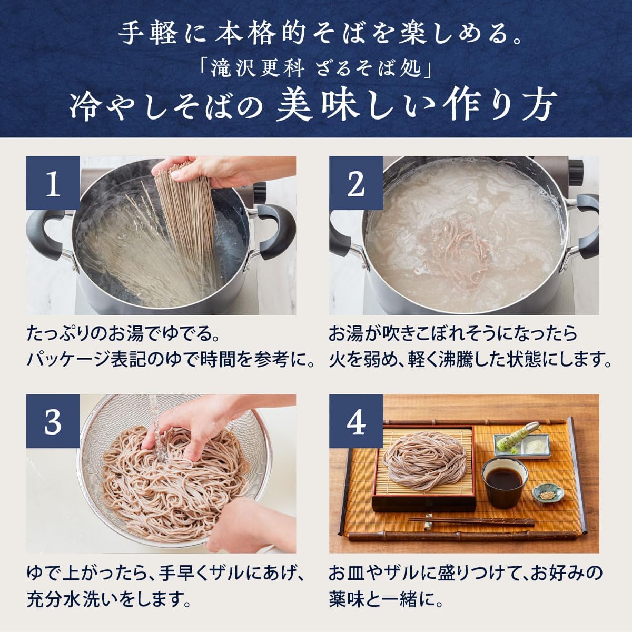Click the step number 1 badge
53,185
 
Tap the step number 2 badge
356,185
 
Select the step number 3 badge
53,422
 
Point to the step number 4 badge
356,422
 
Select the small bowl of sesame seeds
547,493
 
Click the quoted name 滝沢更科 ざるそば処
315,69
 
